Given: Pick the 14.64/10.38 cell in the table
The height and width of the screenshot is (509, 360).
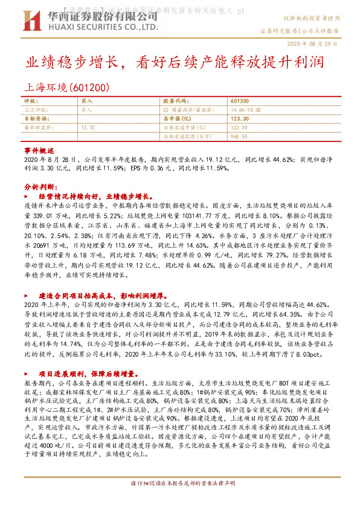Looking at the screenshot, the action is coord(246,110).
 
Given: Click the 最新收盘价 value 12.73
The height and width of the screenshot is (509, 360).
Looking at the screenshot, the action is coord(88,128).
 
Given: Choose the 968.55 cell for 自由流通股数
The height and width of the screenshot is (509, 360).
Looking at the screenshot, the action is coord(240,137).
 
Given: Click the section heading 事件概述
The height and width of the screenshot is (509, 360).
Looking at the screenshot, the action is coord(40,149).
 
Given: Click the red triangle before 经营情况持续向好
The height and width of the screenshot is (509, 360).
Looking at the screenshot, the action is coord(26,197).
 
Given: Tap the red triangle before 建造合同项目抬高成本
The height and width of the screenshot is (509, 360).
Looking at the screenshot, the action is coord(26,296).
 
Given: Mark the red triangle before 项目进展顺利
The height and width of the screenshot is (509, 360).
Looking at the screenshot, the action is coord(26,374).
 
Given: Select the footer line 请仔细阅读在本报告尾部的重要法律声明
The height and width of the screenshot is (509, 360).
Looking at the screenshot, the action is coord(179,501).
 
